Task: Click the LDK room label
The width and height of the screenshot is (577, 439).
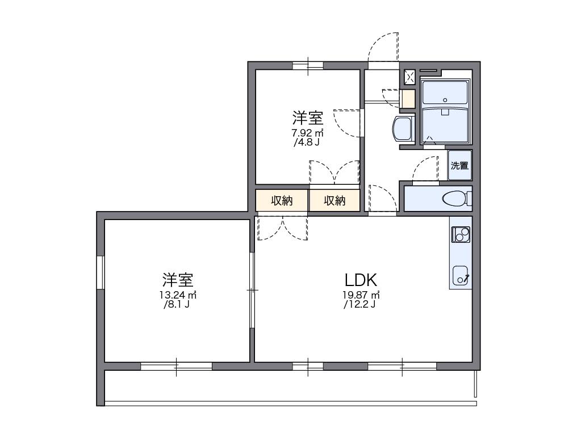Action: tap(361, 280)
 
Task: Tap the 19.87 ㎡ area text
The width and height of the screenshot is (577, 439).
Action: tap(361, 295)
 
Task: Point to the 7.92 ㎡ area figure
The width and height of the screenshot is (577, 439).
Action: tap(307, 133)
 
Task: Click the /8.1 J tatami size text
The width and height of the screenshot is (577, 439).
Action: tap(177, 305)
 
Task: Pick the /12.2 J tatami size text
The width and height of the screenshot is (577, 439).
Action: tap(359, 305)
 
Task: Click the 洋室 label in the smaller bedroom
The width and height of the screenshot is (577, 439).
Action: tap(308, 118)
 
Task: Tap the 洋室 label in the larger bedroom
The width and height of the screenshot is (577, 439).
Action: tap(178, 280)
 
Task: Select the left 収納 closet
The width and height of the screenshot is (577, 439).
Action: tap(281, 200)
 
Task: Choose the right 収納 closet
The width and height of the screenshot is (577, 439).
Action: tap(335, 200)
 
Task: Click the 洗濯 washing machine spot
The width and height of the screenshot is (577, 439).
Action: tap(459, 166)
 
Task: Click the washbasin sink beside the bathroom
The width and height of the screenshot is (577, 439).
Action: tap(403, 129)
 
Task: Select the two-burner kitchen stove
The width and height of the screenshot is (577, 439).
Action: tap(460, 233)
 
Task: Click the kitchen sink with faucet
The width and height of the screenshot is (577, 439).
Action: tap(460, 275)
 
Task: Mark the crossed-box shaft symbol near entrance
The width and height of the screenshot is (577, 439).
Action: tap(409, 75)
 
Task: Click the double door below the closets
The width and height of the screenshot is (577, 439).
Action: tap(282, 227)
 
